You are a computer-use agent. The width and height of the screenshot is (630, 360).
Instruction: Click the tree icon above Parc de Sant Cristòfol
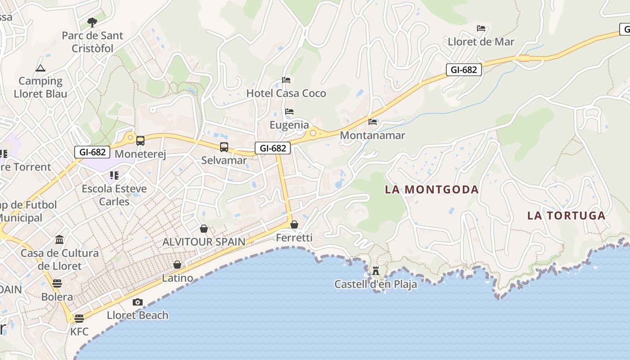point(92,22)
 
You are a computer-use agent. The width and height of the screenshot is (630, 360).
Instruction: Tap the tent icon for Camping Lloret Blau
point(40,68)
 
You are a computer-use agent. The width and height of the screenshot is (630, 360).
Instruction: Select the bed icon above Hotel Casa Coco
point(286,80)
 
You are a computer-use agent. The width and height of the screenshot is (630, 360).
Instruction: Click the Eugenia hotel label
point(289,125)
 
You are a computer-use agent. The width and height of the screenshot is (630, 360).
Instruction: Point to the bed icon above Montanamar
point(373,121)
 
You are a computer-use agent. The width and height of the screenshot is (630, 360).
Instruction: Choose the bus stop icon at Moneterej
point(140,140)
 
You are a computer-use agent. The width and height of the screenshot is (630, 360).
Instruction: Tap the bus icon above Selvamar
point(224,147)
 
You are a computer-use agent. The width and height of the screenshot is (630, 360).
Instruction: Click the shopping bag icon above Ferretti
point(294,224)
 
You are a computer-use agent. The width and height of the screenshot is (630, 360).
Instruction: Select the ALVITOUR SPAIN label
point(204,242)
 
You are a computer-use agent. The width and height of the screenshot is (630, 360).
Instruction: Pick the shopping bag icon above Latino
point(177,265)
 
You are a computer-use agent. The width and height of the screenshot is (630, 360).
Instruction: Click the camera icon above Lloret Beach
point(138,302)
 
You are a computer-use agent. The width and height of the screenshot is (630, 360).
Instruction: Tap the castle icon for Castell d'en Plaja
point(376,270)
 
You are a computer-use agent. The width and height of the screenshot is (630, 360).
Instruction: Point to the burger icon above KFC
point(79,319)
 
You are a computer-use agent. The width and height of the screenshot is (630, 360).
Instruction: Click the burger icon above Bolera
point(57,283)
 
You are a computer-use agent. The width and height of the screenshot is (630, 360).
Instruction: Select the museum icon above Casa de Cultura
point(59,239)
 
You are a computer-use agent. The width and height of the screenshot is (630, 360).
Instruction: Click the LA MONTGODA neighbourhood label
point(432,189)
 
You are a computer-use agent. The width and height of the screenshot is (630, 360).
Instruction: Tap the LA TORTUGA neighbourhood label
point(566,216)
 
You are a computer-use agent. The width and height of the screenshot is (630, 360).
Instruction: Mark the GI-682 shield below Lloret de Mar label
point(464,70)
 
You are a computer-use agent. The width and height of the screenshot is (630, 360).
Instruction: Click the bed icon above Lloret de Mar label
point(481,28)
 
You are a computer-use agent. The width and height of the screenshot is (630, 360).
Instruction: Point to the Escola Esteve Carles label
point(114,195)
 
